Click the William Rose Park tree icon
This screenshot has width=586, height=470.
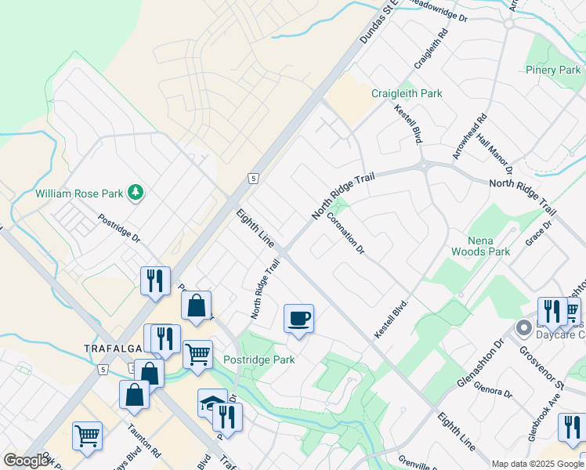(x=136, y=192)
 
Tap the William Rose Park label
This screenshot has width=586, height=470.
(x=80, y=193)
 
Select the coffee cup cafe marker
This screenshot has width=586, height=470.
(x=298, y=318)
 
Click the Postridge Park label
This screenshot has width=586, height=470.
(x=259, y=360)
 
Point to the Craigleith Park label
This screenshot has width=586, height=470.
(x=407, y=93)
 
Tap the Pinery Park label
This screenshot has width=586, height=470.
(x=553, y=70)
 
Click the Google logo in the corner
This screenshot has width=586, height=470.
(x=25, y=461)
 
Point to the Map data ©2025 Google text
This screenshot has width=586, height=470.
(x=537, y=464)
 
